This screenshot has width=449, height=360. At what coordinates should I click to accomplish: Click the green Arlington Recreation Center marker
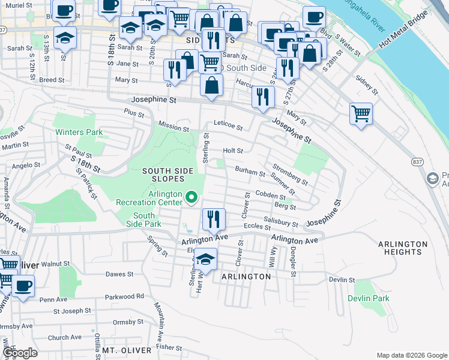pos(191,197)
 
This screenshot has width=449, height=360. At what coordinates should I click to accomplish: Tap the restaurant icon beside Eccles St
pos(213,219)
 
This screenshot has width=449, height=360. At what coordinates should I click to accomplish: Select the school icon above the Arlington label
pos(205,260)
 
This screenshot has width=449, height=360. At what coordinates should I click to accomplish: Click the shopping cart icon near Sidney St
pos(361,113)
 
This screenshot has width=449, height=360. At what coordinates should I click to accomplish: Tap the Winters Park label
pos(79,132)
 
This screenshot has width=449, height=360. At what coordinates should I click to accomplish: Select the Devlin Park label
pos(368,298)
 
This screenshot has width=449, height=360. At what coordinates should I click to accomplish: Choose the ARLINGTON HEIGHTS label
pos(403,248)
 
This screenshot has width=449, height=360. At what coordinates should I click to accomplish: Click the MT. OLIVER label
pos(125,350)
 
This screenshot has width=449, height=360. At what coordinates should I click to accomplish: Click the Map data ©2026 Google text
pos(411,355)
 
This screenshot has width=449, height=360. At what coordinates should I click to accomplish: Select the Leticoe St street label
pos(228,128)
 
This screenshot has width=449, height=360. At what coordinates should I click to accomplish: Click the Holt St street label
pos(233,151)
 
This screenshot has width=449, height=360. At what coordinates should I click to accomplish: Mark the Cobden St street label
pos(270,196)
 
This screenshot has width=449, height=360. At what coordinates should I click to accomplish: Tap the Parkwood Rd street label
pos(124,296)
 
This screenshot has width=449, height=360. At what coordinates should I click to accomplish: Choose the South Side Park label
pos(143,220)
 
